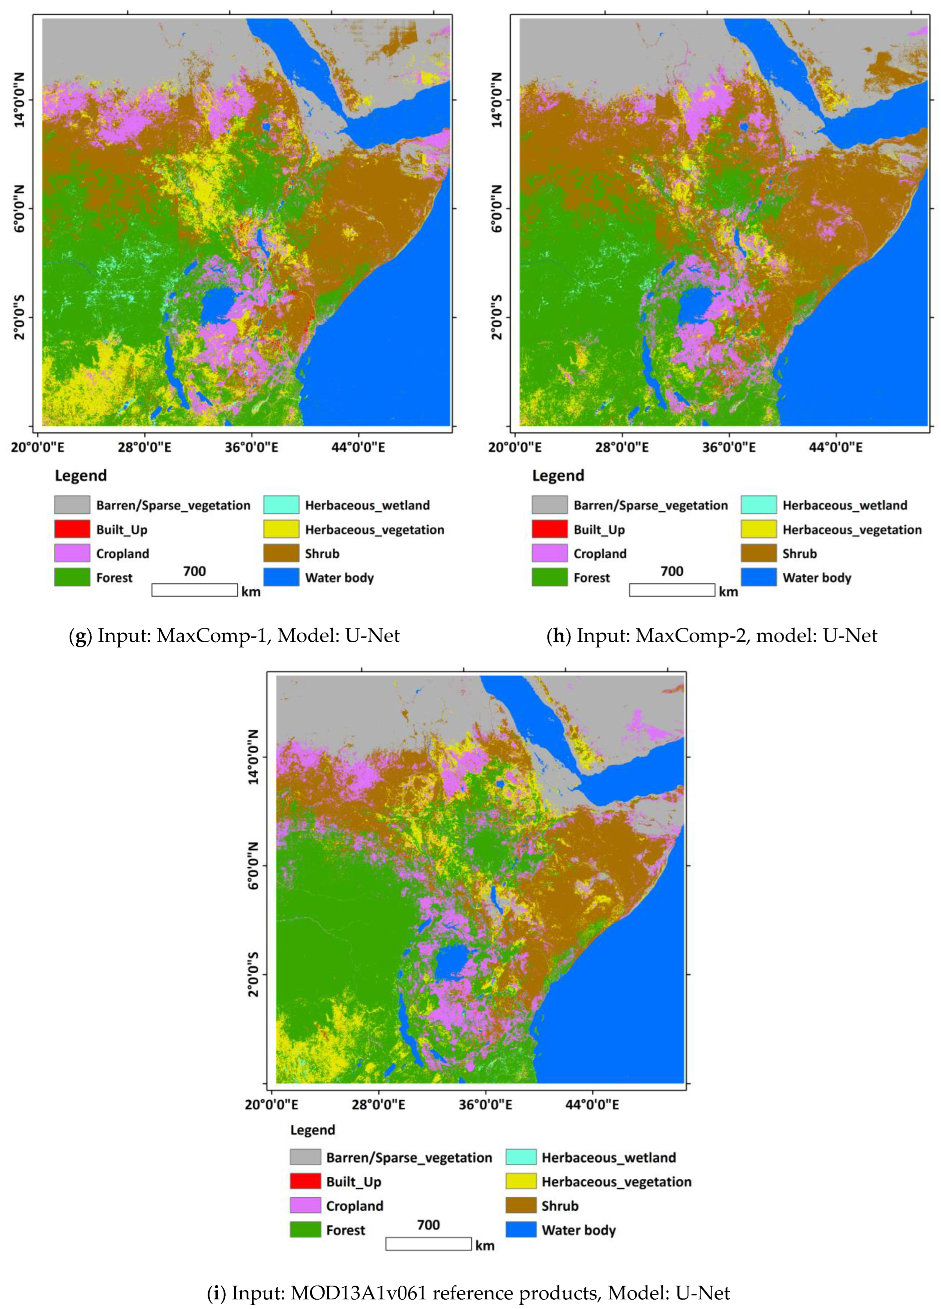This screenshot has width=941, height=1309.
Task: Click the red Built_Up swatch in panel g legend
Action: tap(72, 529)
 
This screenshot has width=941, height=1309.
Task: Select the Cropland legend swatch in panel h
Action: tap(549, 553)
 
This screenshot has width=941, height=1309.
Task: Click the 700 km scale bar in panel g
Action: tap(194, 589)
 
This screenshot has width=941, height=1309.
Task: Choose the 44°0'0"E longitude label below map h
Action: tap(835, 447)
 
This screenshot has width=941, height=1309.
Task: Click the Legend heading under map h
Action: tap(558, 476)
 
